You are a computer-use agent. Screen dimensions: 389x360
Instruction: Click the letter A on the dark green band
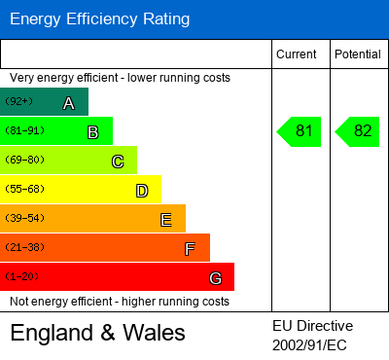coord(69,103)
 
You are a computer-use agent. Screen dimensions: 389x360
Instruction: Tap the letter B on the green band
coord(93,132)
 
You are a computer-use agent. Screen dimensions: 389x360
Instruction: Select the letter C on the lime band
coord(118,162)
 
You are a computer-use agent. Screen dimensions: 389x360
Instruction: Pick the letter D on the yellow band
coord(142,191)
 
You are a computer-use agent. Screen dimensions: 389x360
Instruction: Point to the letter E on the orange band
coord(166,220)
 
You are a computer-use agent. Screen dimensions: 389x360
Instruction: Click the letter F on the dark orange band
coord(190,249)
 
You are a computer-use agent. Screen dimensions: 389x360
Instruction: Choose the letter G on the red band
coord(216,278)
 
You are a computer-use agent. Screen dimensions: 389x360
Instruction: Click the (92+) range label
coord(18,101)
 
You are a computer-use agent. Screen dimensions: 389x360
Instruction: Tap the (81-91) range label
coord(24,130)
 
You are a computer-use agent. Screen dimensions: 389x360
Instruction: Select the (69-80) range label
coord(24,160)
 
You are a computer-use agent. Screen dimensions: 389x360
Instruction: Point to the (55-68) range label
coord(24,189)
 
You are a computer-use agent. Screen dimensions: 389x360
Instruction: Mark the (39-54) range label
coord(24,218)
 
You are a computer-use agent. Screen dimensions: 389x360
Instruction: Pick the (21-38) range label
coord(24,247)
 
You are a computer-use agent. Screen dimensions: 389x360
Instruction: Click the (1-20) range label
coord(21,276)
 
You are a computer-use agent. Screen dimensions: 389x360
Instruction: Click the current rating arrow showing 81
coord(299,131)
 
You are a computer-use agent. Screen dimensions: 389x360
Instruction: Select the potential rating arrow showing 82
coord(357,131)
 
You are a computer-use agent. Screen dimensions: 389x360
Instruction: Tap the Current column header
coord(297,54)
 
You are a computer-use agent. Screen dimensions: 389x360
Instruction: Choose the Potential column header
coord(358,54)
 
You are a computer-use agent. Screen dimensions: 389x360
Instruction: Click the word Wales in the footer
coord(154,333)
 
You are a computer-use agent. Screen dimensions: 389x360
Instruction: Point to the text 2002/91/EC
coord(309,345)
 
